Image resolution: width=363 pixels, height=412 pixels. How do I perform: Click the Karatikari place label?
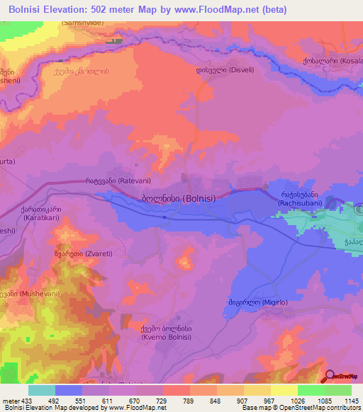40,214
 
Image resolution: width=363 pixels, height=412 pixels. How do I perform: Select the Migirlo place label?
257,302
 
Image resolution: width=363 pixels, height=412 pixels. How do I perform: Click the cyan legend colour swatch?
42,390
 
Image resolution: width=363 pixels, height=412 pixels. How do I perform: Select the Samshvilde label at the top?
88,22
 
